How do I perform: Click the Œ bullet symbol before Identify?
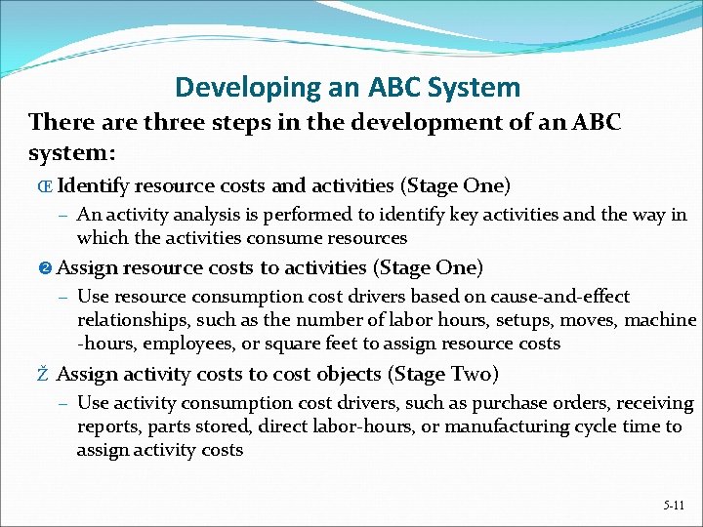(x=44, y=186)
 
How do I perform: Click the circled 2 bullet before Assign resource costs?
(x=45, y=268)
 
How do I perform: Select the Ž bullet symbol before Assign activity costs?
(x=44, y=375)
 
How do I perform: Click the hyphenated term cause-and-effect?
(x=567, y=297)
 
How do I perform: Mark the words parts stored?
(x=189, y=426)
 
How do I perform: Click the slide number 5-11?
(x=674, y=506)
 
